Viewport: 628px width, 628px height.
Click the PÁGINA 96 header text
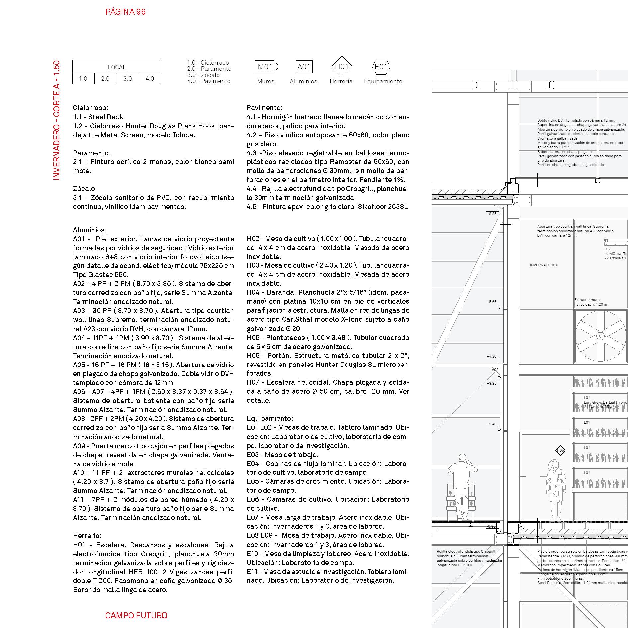click(126, 12)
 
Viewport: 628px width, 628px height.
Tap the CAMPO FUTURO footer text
click(136, 615)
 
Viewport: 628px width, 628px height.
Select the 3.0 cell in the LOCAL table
click(128, 79)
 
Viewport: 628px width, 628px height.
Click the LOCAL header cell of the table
click(117, 67)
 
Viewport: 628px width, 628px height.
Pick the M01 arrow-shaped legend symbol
click(266, 67)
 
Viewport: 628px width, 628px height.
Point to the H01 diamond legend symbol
click(342, 67)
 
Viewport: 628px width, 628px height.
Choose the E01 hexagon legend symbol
click(381, 67)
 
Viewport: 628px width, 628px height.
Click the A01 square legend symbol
click(304, 67)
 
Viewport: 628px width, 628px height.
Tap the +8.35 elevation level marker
click(491, 214)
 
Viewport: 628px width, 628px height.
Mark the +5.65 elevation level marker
click(491, 302)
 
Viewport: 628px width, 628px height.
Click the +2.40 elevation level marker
click(491, 424)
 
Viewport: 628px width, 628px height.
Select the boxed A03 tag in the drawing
click(495, 370)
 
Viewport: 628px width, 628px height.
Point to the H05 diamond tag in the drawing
click(560, 451)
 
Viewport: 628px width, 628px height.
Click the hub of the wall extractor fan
click(600, 336)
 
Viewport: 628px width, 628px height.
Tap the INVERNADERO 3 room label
click(544, 265)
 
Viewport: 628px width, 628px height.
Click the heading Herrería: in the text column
click(87, 535)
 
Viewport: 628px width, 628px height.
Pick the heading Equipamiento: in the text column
click(269, 418)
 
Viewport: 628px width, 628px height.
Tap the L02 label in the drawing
click(607, 249)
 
